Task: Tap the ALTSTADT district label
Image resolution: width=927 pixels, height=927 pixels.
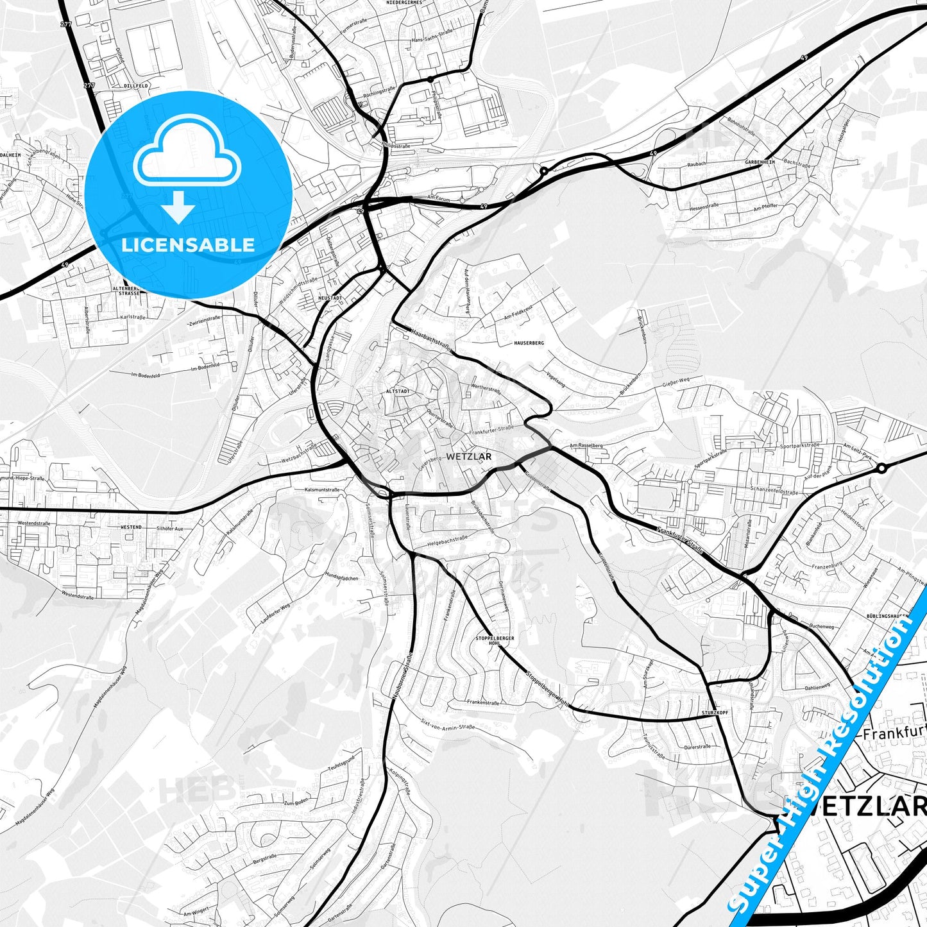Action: point(397,390)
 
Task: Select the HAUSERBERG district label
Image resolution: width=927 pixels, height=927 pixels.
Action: point(529,343)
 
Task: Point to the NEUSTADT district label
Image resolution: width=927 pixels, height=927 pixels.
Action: point(329,298)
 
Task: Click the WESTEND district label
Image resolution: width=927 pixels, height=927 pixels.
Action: point(131,527)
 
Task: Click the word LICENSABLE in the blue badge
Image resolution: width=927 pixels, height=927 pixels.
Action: point(188,244)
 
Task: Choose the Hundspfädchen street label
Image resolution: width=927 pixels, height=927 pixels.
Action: point(342,577)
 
